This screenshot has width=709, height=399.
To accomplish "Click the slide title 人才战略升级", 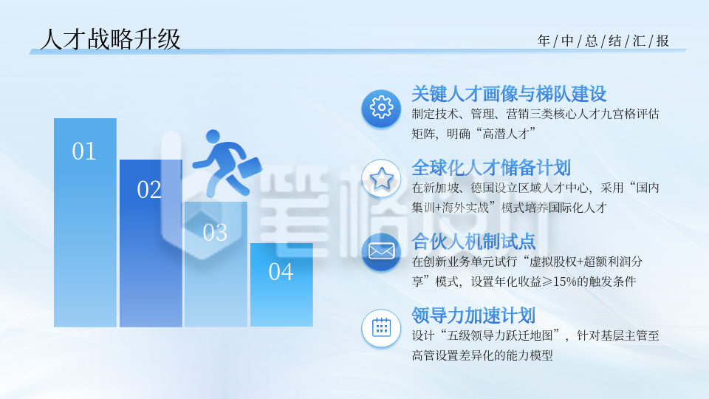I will pyautogui.click(x=110, y=39).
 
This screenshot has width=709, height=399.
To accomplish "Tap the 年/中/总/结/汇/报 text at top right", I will pyautogui.click(x=603, y=41).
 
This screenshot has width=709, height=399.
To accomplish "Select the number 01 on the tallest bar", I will pyautogui.click(x=84, y=151).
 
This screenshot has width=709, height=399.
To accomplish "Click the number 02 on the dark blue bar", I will pyautogui.click(x=149, y=190).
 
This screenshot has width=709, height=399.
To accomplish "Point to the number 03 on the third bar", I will pyautogui.click(x=215, y=233).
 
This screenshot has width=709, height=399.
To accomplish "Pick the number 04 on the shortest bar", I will pyautogui.click(x=281, y=272).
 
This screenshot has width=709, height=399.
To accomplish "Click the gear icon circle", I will pyautogui.click(x=381, y=108).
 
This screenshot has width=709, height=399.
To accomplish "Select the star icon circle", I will pyautogui.click(x=381, y=179).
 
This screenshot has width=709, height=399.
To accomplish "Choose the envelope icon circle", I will pyautogui.click(x=381, y=251).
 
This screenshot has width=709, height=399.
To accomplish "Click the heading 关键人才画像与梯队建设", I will pyautogui.click(x=509, y=94).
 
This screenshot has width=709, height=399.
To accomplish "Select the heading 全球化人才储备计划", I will pyautogui.click(x=491, y=167).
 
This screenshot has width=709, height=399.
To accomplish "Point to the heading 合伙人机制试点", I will pyautogui.click(x=473, y=241).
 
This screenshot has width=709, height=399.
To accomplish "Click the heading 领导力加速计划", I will pyautogui.click(x=473, y=316).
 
